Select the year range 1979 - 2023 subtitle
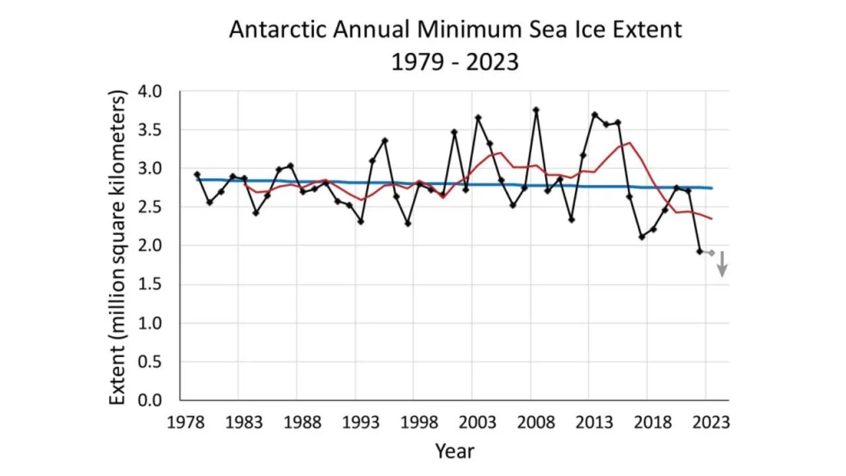[455, 62]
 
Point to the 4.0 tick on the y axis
[157, 91]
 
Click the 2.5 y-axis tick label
[157, 207]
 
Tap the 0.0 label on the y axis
[157, 400]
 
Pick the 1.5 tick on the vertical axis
[157, 284]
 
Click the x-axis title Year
[454, 452]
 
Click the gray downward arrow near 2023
[723, 264]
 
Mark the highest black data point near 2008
[536, 110]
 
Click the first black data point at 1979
[197, 175]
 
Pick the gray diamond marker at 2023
[711, 253]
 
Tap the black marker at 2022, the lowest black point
[699, 251]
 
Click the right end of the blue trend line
[711, 188]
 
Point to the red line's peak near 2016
[630, 143]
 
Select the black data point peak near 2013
[594, 115]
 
